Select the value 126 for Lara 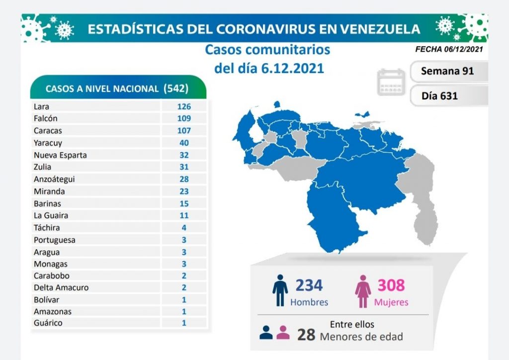click(184, 106)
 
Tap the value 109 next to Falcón click(184, 118)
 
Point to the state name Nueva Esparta click(60, 155)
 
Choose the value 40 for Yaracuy click(184, 143)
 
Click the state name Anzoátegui click(54, 179)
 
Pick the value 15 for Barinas click(184, 203)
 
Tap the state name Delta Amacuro click(59, 287)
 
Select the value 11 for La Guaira click(184, 215)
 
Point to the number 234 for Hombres click(309, 285)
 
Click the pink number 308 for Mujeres click(391, 285)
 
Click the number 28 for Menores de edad click(306, 335)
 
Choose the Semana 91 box click(447, 71)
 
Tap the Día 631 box click(447, 95)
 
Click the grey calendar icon click(392, 83)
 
